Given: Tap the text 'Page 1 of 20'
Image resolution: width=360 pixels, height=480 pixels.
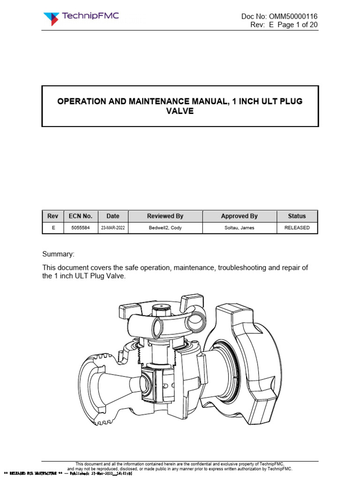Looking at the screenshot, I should (297, 25).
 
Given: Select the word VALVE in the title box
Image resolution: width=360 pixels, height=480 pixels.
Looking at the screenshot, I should (180, 112).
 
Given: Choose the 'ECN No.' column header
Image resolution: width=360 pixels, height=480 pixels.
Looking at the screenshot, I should (81, 216).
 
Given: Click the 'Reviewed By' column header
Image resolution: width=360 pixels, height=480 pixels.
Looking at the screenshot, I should (165, 216).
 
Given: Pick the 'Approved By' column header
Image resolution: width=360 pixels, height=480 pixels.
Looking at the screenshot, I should (239, 216).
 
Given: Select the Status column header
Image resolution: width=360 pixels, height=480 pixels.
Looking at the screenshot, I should (297, 216).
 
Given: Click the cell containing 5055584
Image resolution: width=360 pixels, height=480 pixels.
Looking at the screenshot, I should (81, 228).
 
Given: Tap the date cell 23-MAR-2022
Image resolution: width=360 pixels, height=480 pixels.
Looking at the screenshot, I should (113, 228).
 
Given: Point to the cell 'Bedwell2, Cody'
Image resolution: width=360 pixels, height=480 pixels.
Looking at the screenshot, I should (165, 228).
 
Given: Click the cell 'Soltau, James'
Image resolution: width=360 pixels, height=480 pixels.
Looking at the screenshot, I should (239, 228).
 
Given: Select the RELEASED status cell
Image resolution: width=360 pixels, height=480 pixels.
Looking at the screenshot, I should (297, 228).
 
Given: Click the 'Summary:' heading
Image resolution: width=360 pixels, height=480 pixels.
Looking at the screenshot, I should (58, 254).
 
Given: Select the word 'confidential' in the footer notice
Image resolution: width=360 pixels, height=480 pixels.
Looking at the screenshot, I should (183, 463).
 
